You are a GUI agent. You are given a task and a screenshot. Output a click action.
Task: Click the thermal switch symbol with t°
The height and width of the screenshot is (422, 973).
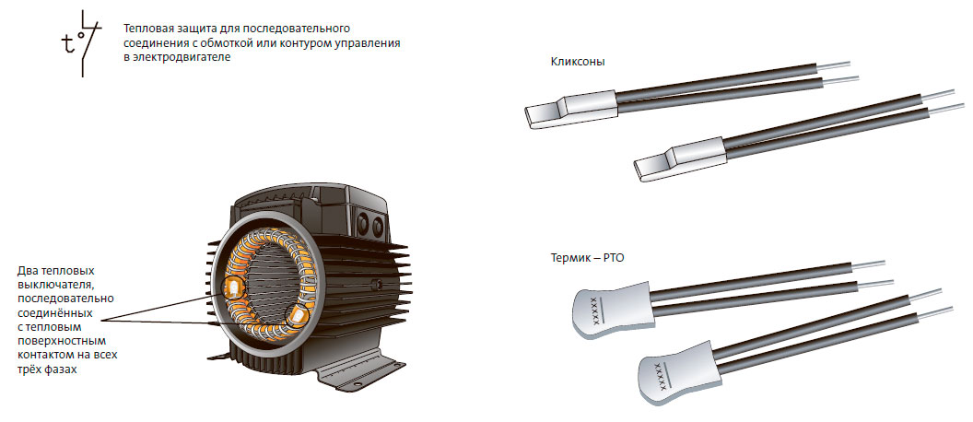click(81, 43)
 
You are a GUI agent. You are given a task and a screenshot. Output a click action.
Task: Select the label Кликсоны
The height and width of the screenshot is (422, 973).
click(578, 62)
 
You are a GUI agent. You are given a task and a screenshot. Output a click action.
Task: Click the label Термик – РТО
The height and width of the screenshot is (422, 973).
click(587, 257)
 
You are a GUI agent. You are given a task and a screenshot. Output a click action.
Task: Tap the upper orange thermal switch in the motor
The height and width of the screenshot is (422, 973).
click(233, 287)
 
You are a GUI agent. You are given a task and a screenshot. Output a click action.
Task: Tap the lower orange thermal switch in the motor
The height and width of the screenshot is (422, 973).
click(297, 317)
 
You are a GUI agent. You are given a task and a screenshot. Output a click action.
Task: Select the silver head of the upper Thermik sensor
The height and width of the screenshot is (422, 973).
click(611, 309)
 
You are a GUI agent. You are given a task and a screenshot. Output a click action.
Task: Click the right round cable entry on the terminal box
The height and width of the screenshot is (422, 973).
click(377, 229)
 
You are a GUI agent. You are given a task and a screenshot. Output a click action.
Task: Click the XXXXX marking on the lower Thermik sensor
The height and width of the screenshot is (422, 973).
click(662, 376)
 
